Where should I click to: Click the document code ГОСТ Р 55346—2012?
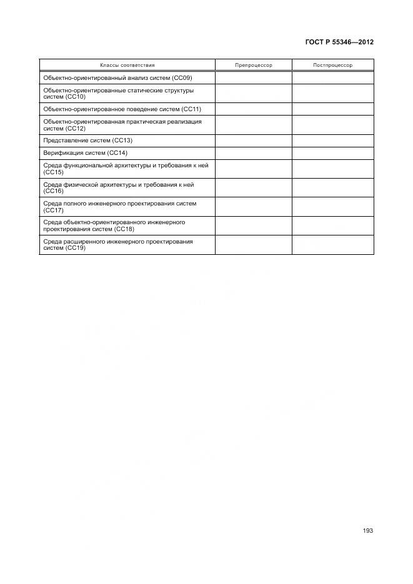coord(339,42)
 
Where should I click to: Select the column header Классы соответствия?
coord(127,65)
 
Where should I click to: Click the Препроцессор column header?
coord(254,65)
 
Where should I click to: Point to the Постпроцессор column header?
coord(332,65)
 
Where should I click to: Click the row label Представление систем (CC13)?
coord(88,141)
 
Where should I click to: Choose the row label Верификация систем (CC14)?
coord(85,153)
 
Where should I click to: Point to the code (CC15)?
coord(54,172)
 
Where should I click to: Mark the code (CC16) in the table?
coord(54,191)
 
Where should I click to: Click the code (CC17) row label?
coord(54,210)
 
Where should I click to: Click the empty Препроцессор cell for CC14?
coord(254,153)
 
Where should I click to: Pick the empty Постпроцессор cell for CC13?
coord(332,141)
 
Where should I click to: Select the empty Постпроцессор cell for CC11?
coord(332,109)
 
